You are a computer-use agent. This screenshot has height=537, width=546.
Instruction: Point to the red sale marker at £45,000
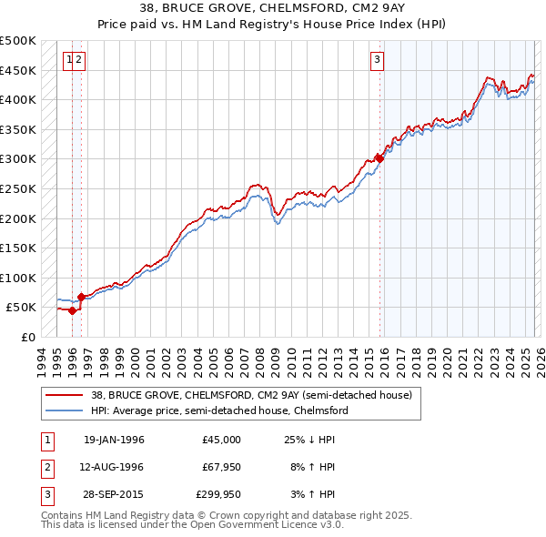click(72, 310)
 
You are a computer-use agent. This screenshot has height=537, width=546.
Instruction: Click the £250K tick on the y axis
click(19, 188)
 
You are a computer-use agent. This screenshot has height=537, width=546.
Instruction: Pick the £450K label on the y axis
click(19, 70)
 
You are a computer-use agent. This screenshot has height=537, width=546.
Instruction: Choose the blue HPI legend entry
click(218, 410)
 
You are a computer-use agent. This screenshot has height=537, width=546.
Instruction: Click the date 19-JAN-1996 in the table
click(114, 440)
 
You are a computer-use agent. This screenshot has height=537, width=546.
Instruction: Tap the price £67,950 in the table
click(220, 467)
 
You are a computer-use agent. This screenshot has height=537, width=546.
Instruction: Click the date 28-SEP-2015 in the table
click(114, 494)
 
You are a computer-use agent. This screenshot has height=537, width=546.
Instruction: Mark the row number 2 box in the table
click(45, 467)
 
